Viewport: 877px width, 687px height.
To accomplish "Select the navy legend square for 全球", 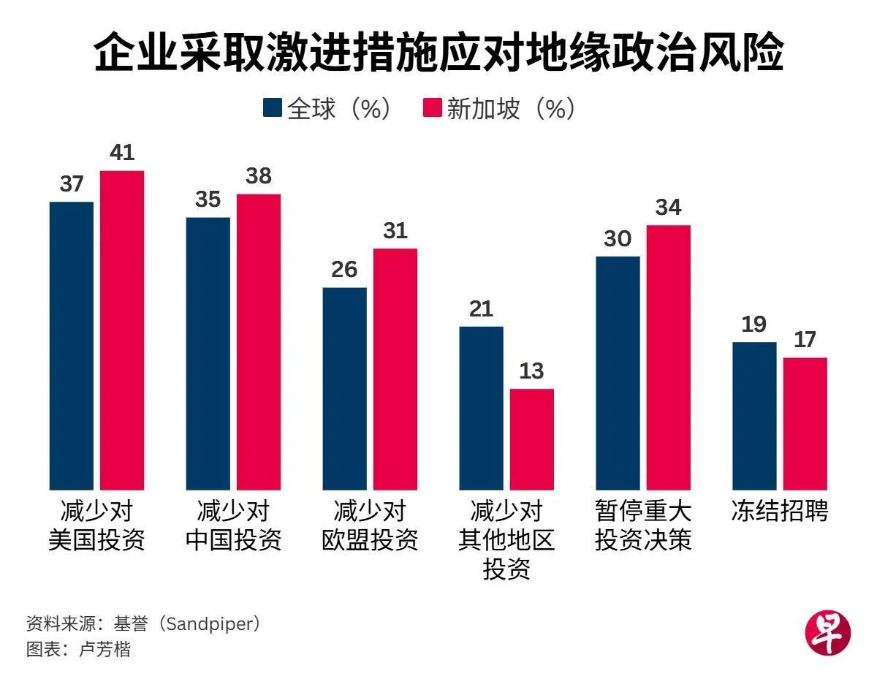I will tap(272, 108).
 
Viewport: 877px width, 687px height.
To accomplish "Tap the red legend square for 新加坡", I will tap(433, 108).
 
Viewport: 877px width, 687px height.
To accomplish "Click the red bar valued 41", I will tap(122, 329).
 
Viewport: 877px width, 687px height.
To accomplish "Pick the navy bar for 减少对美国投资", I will tap(72, 345).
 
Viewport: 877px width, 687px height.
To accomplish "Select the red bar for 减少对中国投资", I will tap(259, 341).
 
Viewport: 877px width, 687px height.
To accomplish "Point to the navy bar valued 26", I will tap(345, 387).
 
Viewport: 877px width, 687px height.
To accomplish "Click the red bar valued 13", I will tap(532, 439).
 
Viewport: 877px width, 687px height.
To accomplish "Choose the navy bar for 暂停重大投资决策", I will tap(618, 373).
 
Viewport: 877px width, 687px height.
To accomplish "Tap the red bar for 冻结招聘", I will tap(805, 423).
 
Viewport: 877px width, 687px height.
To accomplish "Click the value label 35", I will tap(208, 200).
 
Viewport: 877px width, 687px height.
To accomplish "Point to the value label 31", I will tap(395, 231).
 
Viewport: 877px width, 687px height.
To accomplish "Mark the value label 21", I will tap(481, 309).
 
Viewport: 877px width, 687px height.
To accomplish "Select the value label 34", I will tap(668, 208).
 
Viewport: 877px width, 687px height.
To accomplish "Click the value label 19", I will tap(754, 324).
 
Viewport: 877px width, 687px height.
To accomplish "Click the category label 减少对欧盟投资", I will tap(370, 525).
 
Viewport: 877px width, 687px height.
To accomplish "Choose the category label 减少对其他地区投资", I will tap(506, 539).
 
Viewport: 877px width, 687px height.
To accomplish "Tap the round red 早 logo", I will tap(828, 632).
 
